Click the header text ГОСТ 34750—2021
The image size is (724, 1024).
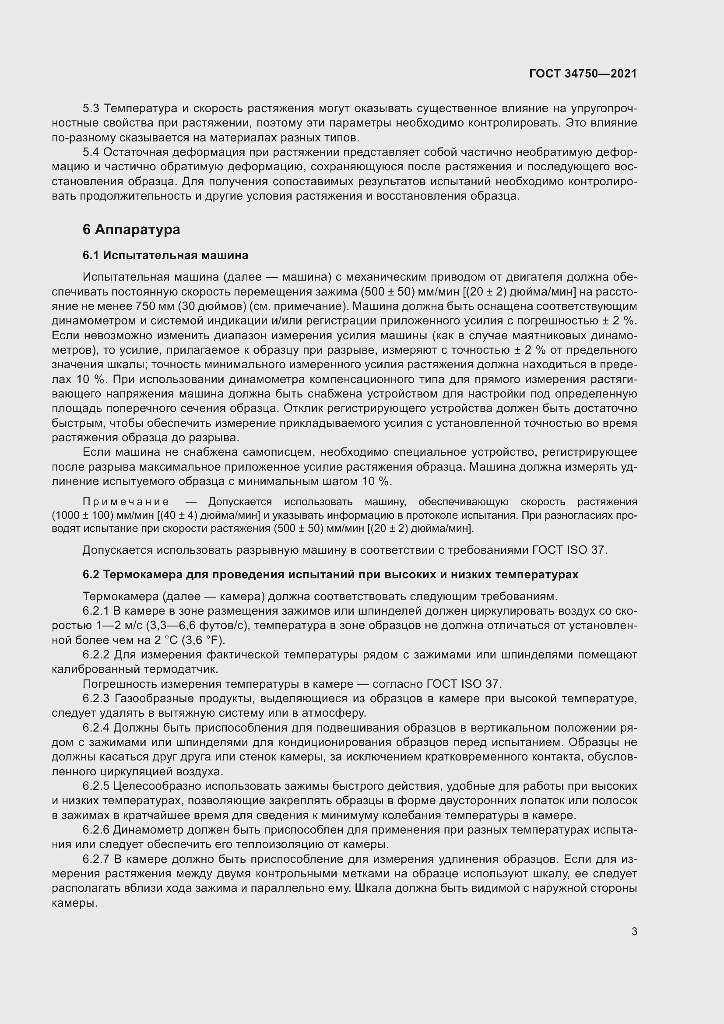point(583,74)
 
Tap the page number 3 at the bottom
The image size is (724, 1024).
point(634,931)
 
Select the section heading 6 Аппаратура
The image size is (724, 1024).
point(131,230)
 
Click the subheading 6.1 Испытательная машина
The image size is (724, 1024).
point(165,256)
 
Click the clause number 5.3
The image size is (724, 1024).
point(92,109)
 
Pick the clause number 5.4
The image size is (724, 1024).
point(92,152)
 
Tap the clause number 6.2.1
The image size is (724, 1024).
point(96,611)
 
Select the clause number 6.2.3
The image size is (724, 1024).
point(96,698)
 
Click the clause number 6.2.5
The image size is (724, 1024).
point(96,786)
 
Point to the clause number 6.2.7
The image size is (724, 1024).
point(96,859)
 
